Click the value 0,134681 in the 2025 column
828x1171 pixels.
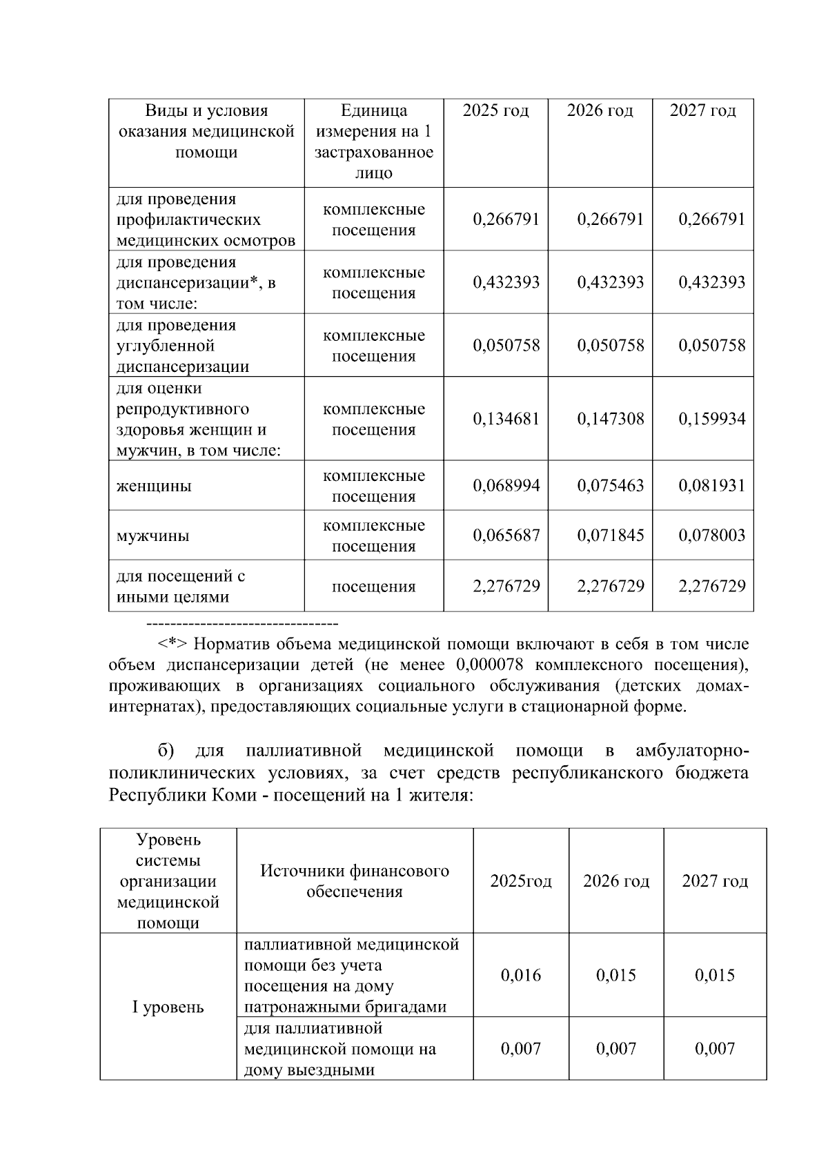tap(506, 419)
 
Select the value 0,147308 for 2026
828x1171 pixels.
tap(610, 419)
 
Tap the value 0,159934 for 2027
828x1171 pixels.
tap(711, 419)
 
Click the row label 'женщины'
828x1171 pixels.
tap(154, 486)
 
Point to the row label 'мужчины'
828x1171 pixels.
tap(152, 536)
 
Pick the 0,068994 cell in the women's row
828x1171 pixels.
tap(506, 486)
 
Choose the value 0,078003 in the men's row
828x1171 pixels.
tap(711, 535)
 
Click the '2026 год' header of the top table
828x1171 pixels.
tap(600, 111)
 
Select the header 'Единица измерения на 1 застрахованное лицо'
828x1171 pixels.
tap(374, 141)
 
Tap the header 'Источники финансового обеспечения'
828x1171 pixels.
tap(355, 881)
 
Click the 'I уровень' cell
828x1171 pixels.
tap(168, 1007)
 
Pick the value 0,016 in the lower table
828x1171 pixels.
tap(521, 976)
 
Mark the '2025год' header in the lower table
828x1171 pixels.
tap(521, 882)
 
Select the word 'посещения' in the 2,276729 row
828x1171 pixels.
tap(373, 587)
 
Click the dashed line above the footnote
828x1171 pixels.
tap(242, 624)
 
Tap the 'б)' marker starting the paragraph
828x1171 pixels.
tap(166, 751)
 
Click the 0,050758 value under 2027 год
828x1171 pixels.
tap(711, 345)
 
